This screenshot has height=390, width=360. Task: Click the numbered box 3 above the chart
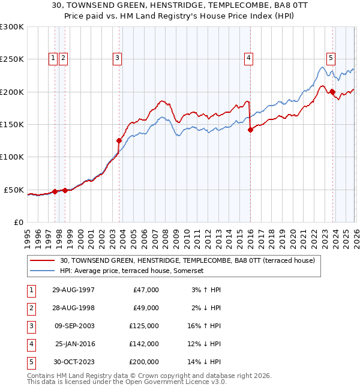coord(116,58)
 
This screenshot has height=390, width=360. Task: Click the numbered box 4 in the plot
coord(248,58)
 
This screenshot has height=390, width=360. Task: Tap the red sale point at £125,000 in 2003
coord(119,140)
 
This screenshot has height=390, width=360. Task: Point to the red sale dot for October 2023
coord(332,92)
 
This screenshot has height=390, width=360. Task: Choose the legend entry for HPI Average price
coord(132,271)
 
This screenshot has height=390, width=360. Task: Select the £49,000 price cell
coord(145,308)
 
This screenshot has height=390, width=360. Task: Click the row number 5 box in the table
coord(31,362)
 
